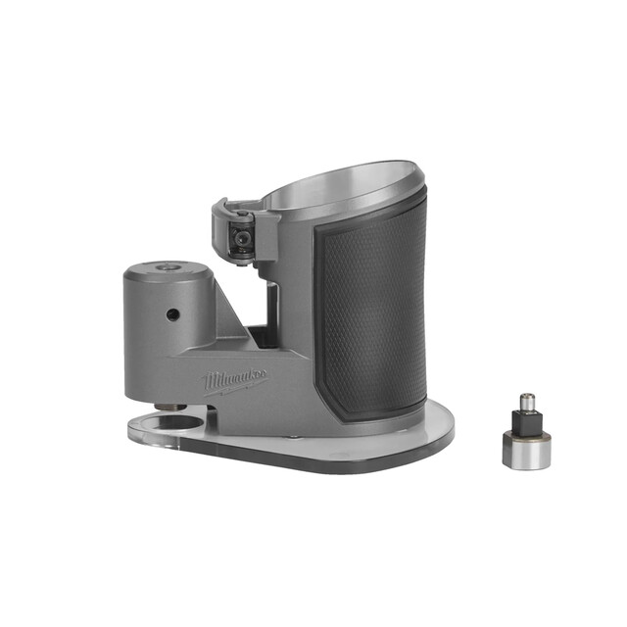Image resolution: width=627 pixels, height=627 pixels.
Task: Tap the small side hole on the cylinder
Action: (172, 314)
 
